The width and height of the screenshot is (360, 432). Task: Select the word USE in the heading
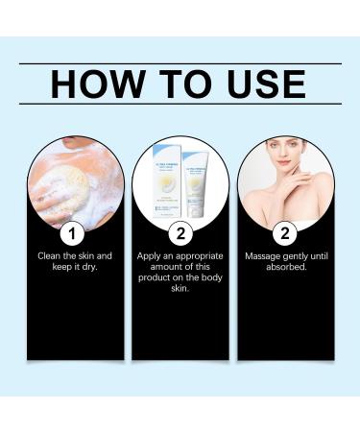click(262, 84)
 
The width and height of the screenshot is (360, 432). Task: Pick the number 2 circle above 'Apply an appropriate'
click(179, 233)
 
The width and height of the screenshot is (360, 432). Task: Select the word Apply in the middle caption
click(153, 256)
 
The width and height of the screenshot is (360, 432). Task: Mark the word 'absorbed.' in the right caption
click(285, 268)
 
